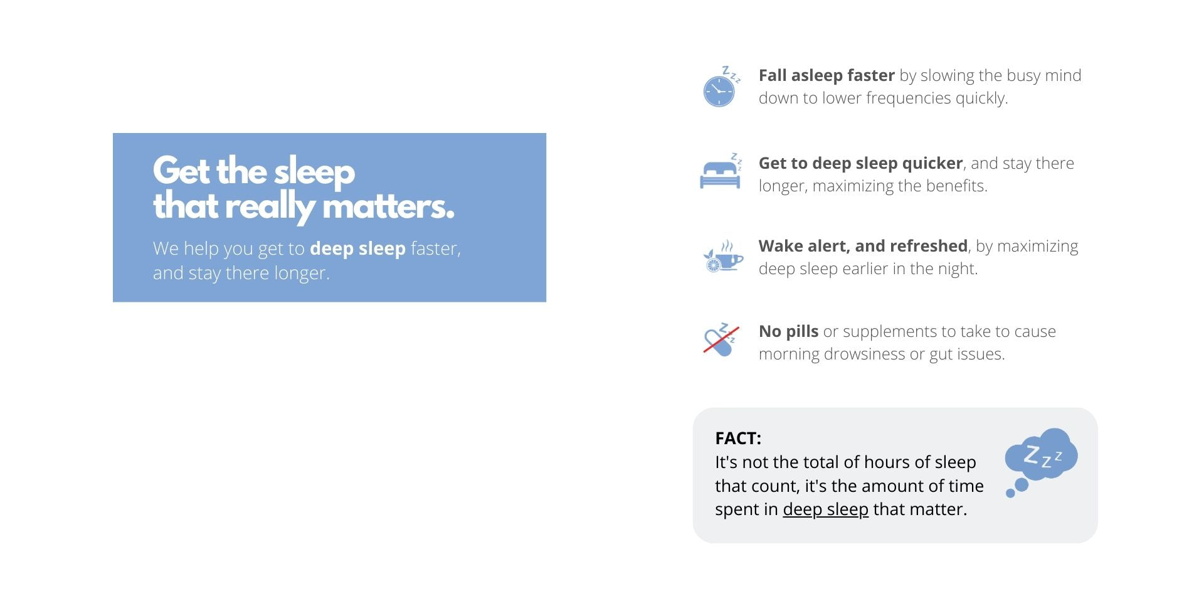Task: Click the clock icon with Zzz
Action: tap(720, 87)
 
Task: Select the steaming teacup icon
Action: tap(722, 256)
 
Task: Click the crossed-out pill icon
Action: tap(721, 339)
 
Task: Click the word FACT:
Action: tap(738, 438)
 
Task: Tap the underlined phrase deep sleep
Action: tap(825, 509)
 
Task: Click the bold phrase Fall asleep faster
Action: tap(826, 75)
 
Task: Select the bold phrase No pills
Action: tap(788, 331)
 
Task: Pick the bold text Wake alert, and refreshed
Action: tap(863, 246)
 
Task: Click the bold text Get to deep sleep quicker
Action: tap(860, 163)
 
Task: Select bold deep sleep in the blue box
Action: tap(357, 249)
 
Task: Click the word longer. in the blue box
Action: tap(302, 274)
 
